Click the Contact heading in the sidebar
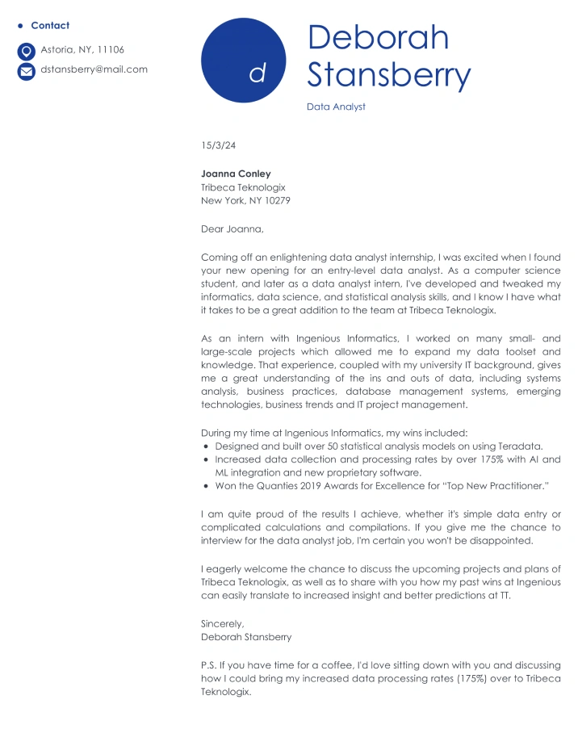tap(50, 26)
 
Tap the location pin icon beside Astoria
tap(27, 51)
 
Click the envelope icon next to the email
tap(27, 71)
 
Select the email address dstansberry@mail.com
tap(94, 69)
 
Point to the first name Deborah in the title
tap(378, 38)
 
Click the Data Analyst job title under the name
tap(336, 107)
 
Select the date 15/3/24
tap(218, 145)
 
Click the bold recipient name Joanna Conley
tap(236, 174)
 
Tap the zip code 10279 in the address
tap(277, 200)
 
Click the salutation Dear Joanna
tap(232, 229)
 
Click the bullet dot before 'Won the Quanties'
tap(207, 486)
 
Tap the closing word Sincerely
tap(222, 623)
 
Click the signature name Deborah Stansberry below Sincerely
tap(246, 637)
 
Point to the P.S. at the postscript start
tap(208, 665)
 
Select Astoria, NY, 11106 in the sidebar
tap(82, 50)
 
